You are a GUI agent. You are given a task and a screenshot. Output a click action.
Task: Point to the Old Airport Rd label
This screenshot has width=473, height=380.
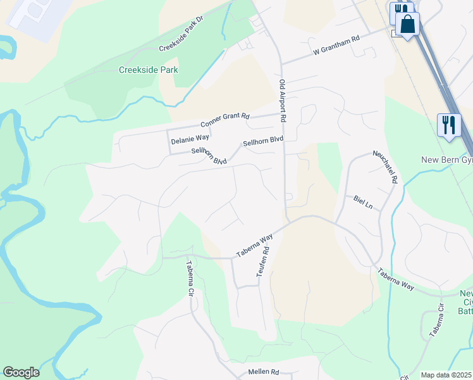pos(283,101)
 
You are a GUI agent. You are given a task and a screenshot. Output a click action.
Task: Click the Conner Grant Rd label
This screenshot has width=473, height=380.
pos(225,120)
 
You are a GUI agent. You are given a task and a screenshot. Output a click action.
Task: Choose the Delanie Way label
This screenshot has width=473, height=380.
pos(190,137)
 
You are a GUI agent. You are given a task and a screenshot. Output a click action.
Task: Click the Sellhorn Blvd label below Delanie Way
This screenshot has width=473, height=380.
pos(209,156)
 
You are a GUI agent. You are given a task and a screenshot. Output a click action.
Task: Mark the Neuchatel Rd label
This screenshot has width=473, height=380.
pos(384,167)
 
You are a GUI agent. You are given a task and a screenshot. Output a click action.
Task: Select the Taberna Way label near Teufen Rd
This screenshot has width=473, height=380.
pos(255,245)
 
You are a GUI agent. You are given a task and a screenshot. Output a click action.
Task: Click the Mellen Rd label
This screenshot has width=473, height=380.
pos(266,372)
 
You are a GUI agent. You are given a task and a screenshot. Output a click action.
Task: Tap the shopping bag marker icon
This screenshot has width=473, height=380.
pos(408,25)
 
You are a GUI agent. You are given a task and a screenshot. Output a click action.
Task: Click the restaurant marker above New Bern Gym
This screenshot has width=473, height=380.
pos(448,123)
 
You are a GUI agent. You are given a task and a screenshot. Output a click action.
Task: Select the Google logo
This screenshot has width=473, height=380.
pos(21,372)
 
